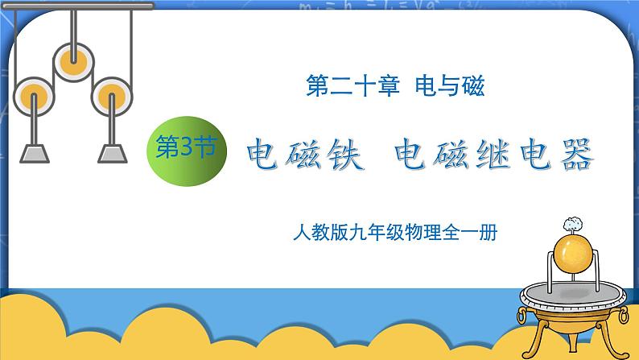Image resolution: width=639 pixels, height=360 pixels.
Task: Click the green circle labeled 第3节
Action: (184, 150)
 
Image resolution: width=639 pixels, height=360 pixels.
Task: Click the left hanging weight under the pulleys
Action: (35, 151)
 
